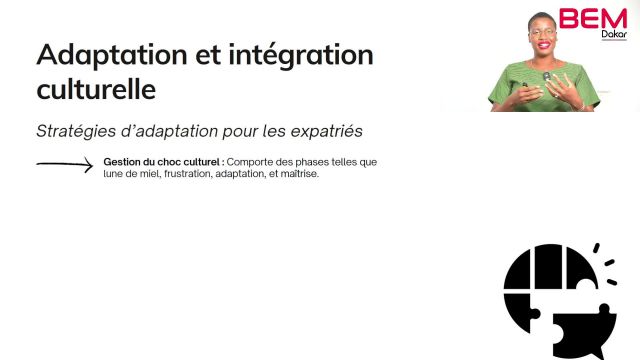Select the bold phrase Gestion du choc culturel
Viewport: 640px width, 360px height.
(162, 161)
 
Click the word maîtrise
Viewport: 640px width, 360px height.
(295, 175)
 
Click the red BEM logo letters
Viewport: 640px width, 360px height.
(592, 19)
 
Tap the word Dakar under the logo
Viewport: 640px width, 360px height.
(613, 35)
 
